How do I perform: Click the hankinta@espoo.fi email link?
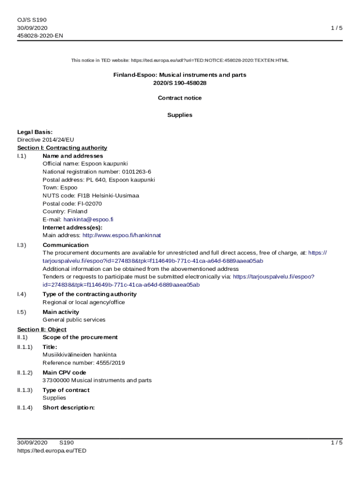tap(88, 219)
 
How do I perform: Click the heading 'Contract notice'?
tap(180, 98)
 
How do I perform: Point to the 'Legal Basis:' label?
tap(35, 132)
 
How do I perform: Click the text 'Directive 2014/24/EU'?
tap(46, 139)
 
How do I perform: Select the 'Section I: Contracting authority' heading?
tap(62, 148)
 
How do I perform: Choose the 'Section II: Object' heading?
tap(42, 329)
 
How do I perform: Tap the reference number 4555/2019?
tap(110, 363)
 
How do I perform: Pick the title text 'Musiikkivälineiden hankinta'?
tap(79, 355)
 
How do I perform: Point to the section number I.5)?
tap(22, 312)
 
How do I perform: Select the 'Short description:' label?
tap(69, 407)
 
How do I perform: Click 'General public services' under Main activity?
tap(74, 320)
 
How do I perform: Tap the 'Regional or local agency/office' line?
tap(84, 302)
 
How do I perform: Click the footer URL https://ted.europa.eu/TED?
tap(52, 450)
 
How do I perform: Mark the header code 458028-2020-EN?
tap(40, 36)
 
